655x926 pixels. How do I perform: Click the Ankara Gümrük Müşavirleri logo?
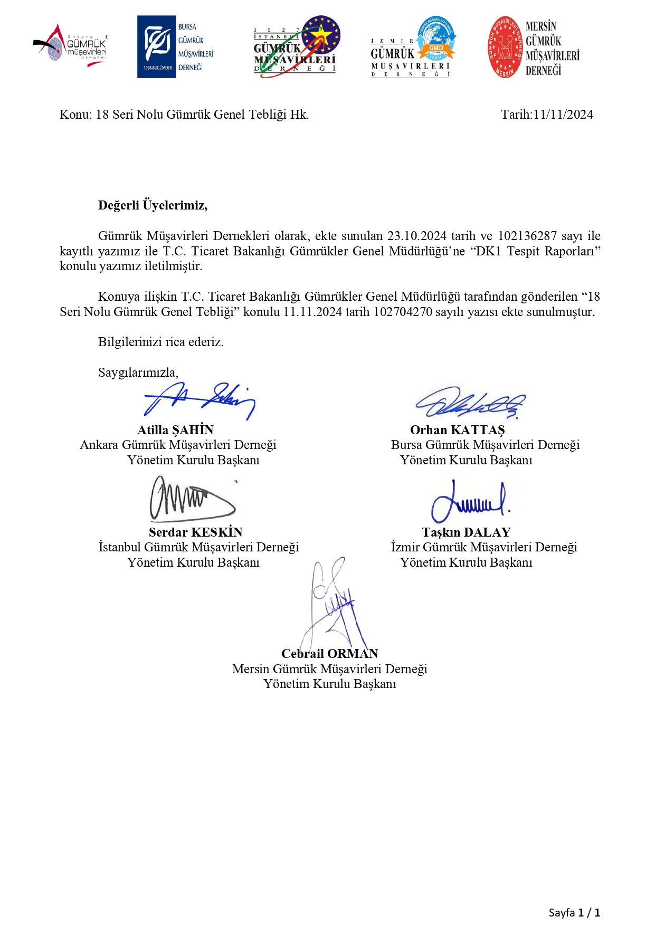pos(71,46)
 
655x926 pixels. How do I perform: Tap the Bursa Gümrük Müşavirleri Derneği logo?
pos(175,46)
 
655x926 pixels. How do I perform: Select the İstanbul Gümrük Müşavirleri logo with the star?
pos(296,46)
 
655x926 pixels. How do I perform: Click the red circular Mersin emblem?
pos(505,47)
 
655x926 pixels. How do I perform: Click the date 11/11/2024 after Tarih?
pos(563,114)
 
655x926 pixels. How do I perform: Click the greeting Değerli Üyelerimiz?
pos(153,205)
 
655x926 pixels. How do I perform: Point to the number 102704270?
pos(403,312)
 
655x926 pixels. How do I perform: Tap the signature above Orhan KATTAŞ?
pos(471,404)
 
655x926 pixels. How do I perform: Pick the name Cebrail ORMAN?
pos(329,654)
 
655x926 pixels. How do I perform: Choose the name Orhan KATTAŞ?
pos(457,430)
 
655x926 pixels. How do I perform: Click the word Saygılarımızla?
pos(138,373)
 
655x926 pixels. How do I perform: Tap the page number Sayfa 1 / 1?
pos(574,912)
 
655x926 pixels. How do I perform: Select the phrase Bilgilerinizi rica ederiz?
pos(160,342)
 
